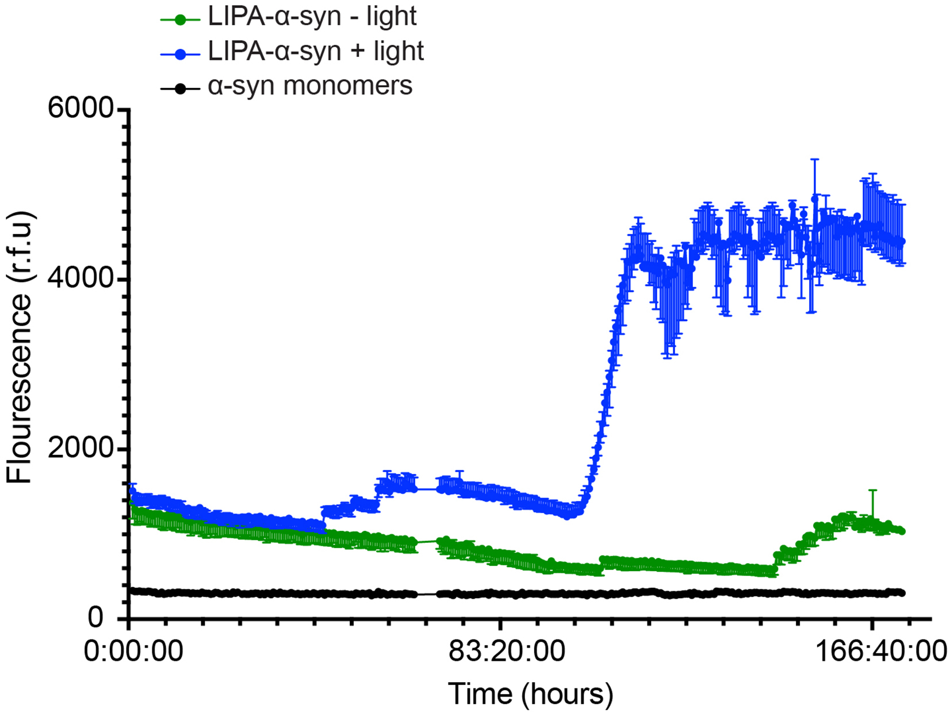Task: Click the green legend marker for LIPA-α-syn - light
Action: (x=181, y=19)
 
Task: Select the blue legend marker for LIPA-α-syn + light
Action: (x=181, y=53)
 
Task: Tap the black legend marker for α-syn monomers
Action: (x=181, y=89)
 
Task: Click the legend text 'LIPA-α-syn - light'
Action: (x=312, y=17)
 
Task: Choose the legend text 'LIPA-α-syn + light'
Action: (x=316, y=52)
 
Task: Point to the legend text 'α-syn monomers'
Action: (x=310, y=86)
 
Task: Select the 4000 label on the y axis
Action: (x=80, y=278)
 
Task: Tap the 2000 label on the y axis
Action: (x=80, y=448)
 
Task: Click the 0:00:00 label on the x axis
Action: (x=133, y=652)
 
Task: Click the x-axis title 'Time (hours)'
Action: (x=530, y=694)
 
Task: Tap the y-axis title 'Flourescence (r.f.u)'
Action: (x=21, y=348)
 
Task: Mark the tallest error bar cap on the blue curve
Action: (x=814, y=159)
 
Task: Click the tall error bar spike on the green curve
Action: (x=872, y=491)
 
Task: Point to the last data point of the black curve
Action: (x=902, y=593)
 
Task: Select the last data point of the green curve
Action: (x=902, y=531)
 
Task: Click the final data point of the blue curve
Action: (x=902, y=242)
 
